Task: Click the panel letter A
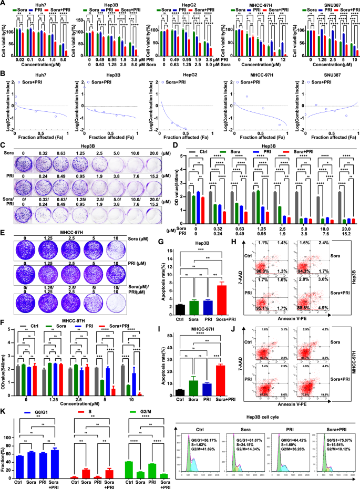3,3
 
